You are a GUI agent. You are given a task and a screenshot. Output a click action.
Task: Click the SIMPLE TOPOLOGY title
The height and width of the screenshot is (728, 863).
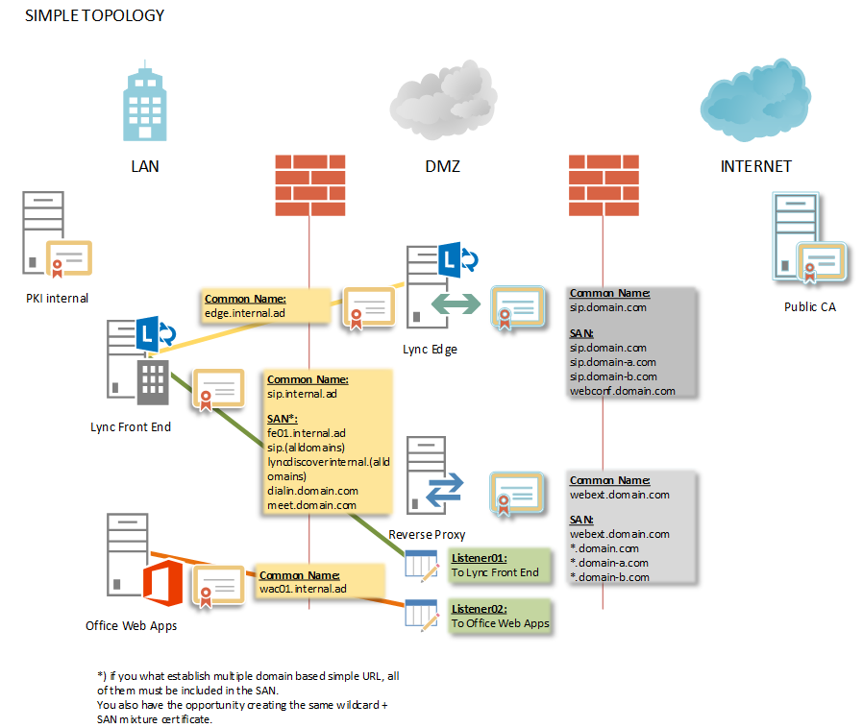pyautogui.click(x=94, y=15)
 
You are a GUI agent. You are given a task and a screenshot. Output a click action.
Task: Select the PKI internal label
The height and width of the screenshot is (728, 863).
pyautogui.click(x=57, y=298)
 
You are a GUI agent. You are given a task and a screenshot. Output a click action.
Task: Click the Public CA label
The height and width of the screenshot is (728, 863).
pyautogui.click(x=809, y=307)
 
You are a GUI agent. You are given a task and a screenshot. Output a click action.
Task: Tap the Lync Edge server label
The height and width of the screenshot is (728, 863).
pyautogui.click(x=430, y=350)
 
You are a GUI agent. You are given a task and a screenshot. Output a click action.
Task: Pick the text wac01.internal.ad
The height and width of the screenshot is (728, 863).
pyautogui.click(x=303, y=589)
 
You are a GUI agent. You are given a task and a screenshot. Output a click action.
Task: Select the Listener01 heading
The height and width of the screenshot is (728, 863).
pyautogui.click(x=479, y=558)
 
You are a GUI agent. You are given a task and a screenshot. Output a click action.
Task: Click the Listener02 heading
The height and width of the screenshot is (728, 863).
pyautogui.click(x=479, y=609)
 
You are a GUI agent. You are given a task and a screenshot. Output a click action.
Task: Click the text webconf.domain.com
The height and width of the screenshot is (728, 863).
pyautogui.click(x=622, y=391)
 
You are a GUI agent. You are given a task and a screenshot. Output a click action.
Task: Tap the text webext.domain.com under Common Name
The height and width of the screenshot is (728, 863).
pyautogui.click(x=619, y=495)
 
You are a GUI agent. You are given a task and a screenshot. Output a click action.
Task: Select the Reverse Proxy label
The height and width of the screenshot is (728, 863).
pyautogui.click(x=427, y=534)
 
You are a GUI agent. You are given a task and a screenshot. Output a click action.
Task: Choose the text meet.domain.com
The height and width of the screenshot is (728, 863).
pyautogui.click(x=312, y=504)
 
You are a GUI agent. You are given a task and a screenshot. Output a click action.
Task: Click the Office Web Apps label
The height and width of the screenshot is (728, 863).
pyautogui.click(x=131, y=626)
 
